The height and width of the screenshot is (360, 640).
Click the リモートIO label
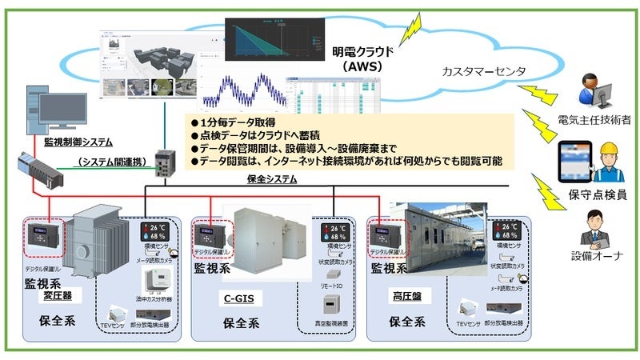click(330, 285)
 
